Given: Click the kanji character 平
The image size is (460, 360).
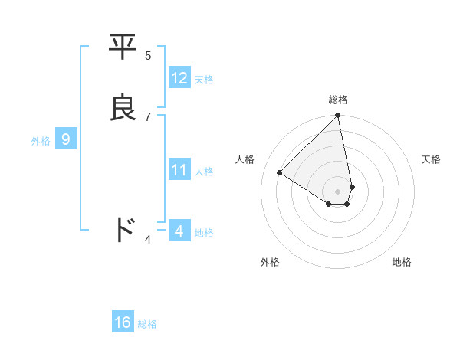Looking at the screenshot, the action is [123, 47].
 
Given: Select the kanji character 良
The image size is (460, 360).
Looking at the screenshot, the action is [123, 108].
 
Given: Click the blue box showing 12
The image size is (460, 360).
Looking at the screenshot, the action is [179, 78].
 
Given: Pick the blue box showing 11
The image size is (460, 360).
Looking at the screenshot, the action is [179, 170].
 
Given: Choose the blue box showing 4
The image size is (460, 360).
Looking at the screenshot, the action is [179, 231].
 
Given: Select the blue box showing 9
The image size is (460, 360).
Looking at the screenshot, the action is [66, 139].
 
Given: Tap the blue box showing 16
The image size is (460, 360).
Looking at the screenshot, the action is [123, 322].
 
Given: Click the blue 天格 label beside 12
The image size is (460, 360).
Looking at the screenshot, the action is [204, 80].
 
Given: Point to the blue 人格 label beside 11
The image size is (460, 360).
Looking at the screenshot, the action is [204, 172].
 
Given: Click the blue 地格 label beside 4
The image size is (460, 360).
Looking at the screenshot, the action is [204, 232].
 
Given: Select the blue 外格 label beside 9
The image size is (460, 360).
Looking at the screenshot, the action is [41, 141].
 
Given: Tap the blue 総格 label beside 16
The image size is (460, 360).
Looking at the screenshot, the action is [147, 324].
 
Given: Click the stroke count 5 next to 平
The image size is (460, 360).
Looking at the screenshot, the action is [148, 55].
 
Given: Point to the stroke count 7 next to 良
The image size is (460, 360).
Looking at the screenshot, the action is [148, 116].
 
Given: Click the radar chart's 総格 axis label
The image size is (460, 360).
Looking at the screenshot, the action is [338, 100].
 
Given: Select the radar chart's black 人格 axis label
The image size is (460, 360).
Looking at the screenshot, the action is [245, 159].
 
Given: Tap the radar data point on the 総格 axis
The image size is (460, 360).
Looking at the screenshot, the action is [338, 116].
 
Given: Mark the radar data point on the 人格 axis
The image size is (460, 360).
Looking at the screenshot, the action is [280, 173].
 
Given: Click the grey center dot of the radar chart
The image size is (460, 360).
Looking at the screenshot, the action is [338, 191].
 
